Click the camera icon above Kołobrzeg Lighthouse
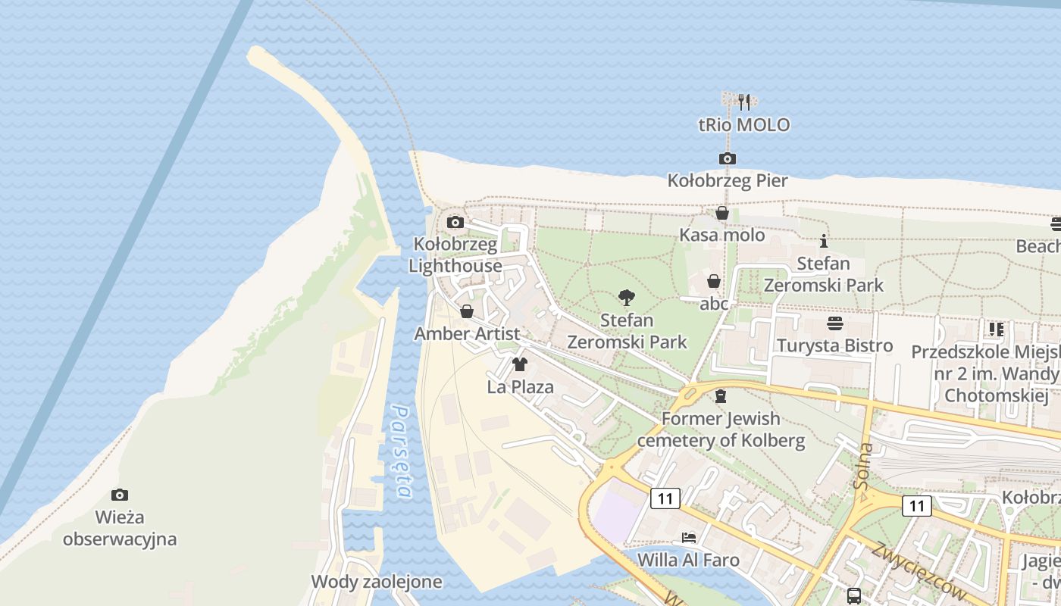[x=455, y=222]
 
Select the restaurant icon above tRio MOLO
[x=744, y=102]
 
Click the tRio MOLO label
[x=744, y=125]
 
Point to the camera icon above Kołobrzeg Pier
[x=728, y=158]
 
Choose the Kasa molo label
[x=721, y=235]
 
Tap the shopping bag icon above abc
[x=713, y=282]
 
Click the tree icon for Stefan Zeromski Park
[x=627, y=298]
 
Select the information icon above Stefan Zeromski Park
[x=824, y=242]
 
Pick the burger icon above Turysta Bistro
[x=835, y=323]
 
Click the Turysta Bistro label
[x=835, y=346]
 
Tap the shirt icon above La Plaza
[x=520, y=364]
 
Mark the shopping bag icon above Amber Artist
[x=467, y=311]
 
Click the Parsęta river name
[x=402, y=452]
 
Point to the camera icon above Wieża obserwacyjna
[x=120, y=495]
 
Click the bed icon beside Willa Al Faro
[x=689, y=538]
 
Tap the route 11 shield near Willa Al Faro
[x=665, y=498]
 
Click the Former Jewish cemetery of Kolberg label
[x=721, y=429]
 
